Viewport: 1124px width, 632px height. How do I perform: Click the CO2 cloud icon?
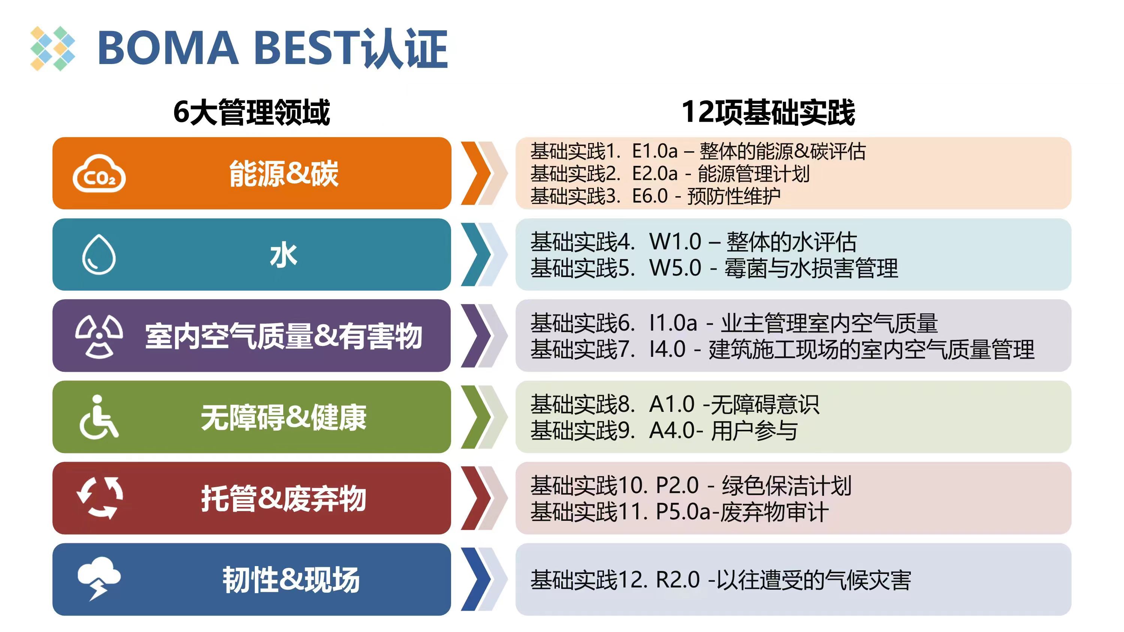coord(99,174)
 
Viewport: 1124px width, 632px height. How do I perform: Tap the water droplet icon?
coord(99,255)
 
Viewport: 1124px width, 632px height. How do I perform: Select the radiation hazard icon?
coord(99,336)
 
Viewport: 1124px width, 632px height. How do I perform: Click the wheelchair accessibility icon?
coord(99,417)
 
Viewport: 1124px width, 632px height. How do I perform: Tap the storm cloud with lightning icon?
coord(99,578)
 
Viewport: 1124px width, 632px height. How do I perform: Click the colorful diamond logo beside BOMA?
coord(53,48)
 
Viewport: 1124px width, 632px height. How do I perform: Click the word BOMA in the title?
coord(168,48)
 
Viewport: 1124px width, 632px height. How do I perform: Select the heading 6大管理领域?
coord(251,113)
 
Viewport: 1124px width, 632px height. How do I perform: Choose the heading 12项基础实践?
coord(768,113)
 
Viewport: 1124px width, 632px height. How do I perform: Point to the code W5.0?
coord(675,268)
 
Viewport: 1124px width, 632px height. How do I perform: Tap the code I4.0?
coord(667,349)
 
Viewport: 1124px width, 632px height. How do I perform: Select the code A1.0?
coord(671,404)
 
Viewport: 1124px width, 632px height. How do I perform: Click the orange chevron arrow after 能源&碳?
coord(477,173)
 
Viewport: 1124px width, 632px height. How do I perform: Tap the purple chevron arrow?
coord(477,336)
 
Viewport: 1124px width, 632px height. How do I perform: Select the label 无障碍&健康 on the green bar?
coord(284,417)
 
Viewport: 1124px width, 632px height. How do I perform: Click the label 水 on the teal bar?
coord(284,256)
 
